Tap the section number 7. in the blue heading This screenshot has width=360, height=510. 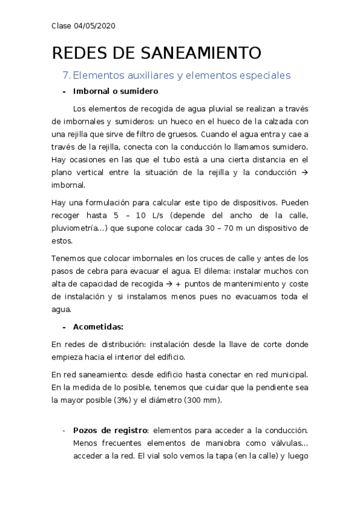pyautogui.click(x=66, y=75)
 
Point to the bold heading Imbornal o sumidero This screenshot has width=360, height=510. pyautogui.click(x=115, y=92)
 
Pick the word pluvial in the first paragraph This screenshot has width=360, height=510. pyautogui.click(x=219, y=108)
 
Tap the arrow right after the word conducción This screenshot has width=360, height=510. pyautogui.click(x=304, y=173)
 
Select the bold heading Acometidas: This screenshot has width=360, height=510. pyautogui.click(x=98, y=327)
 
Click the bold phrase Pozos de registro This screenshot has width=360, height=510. pyautogui.click(x=110, y=431)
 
